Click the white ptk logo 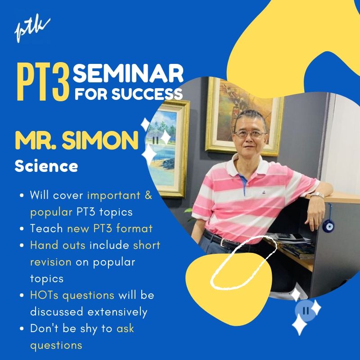(32, 30)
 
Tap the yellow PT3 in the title (43, 83)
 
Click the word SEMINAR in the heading (128, 73)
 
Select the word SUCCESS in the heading (147, 94)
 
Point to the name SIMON (100, 140)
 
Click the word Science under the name (46, 166)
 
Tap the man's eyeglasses (250, 133)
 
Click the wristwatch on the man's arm (317, 195)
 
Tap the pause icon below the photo (306, 310)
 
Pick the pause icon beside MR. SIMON (155, 140)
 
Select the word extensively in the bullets (117, 312)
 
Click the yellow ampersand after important (148, 195)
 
